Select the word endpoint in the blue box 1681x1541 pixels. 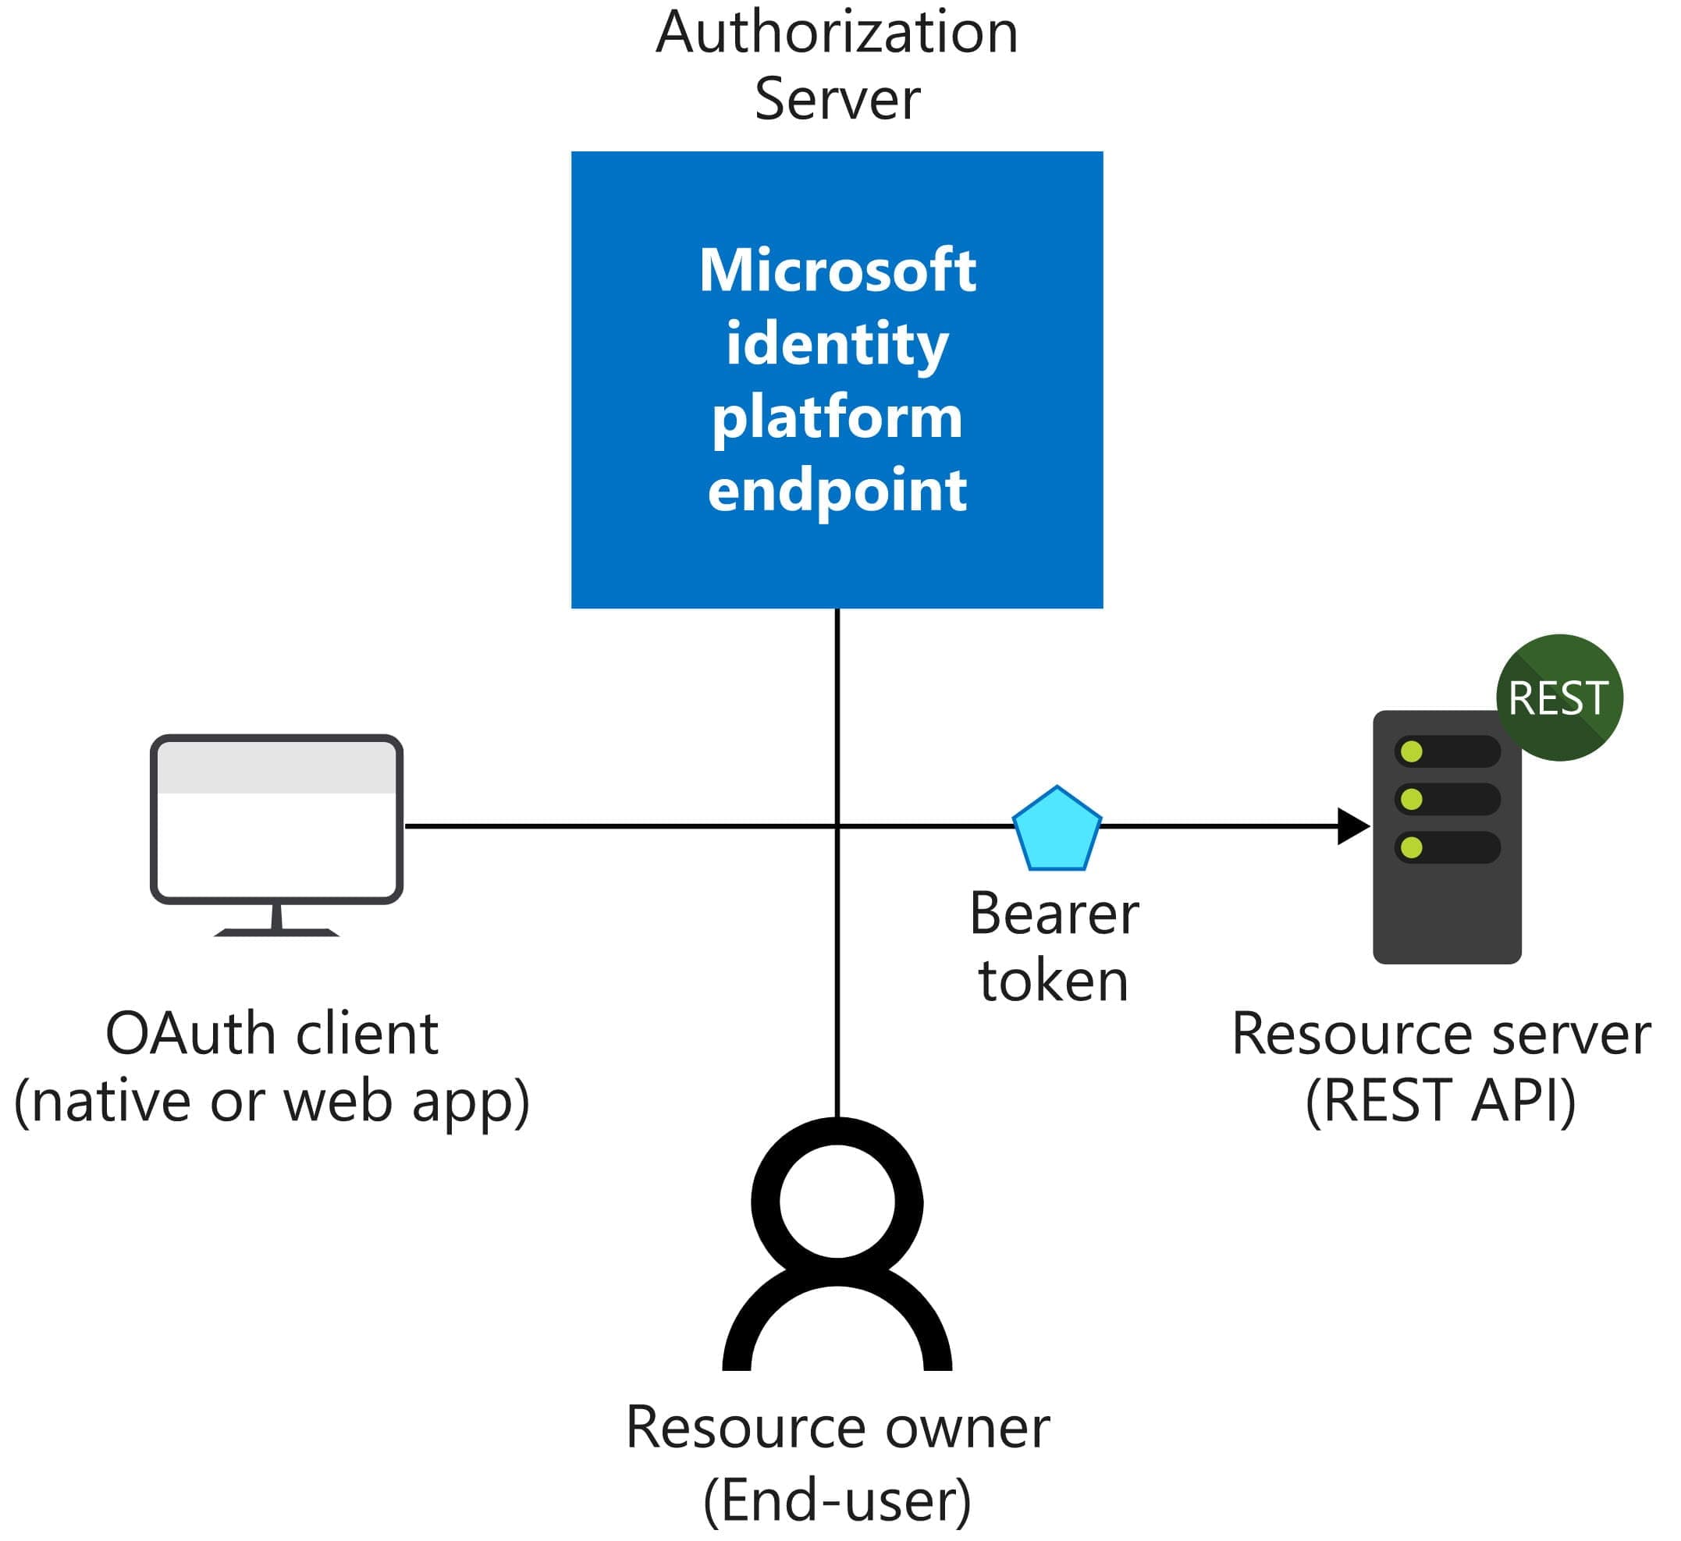tap(837, 491)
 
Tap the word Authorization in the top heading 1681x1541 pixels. tap(837, 34)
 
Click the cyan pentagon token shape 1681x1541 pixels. tap(1057, 830)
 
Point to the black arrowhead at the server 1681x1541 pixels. tap(1352, 826)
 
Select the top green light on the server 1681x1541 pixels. tap(1412, 752)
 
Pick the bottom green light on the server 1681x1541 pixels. tap(1412, 848)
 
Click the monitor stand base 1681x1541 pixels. tap(277, 932)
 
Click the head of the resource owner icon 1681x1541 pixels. tap(837, 1202)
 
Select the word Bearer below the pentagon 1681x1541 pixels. tap(1054, 914)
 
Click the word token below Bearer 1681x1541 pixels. tap(1054, 982)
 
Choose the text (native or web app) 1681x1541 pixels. tap(272, 1102)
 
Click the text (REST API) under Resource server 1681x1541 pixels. tap(1441, 1102)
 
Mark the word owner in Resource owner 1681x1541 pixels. tap(967, 1429)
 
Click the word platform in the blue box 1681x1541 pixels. tap(837, 417)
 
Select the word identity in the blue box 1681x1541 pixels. tap(837, 343)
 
